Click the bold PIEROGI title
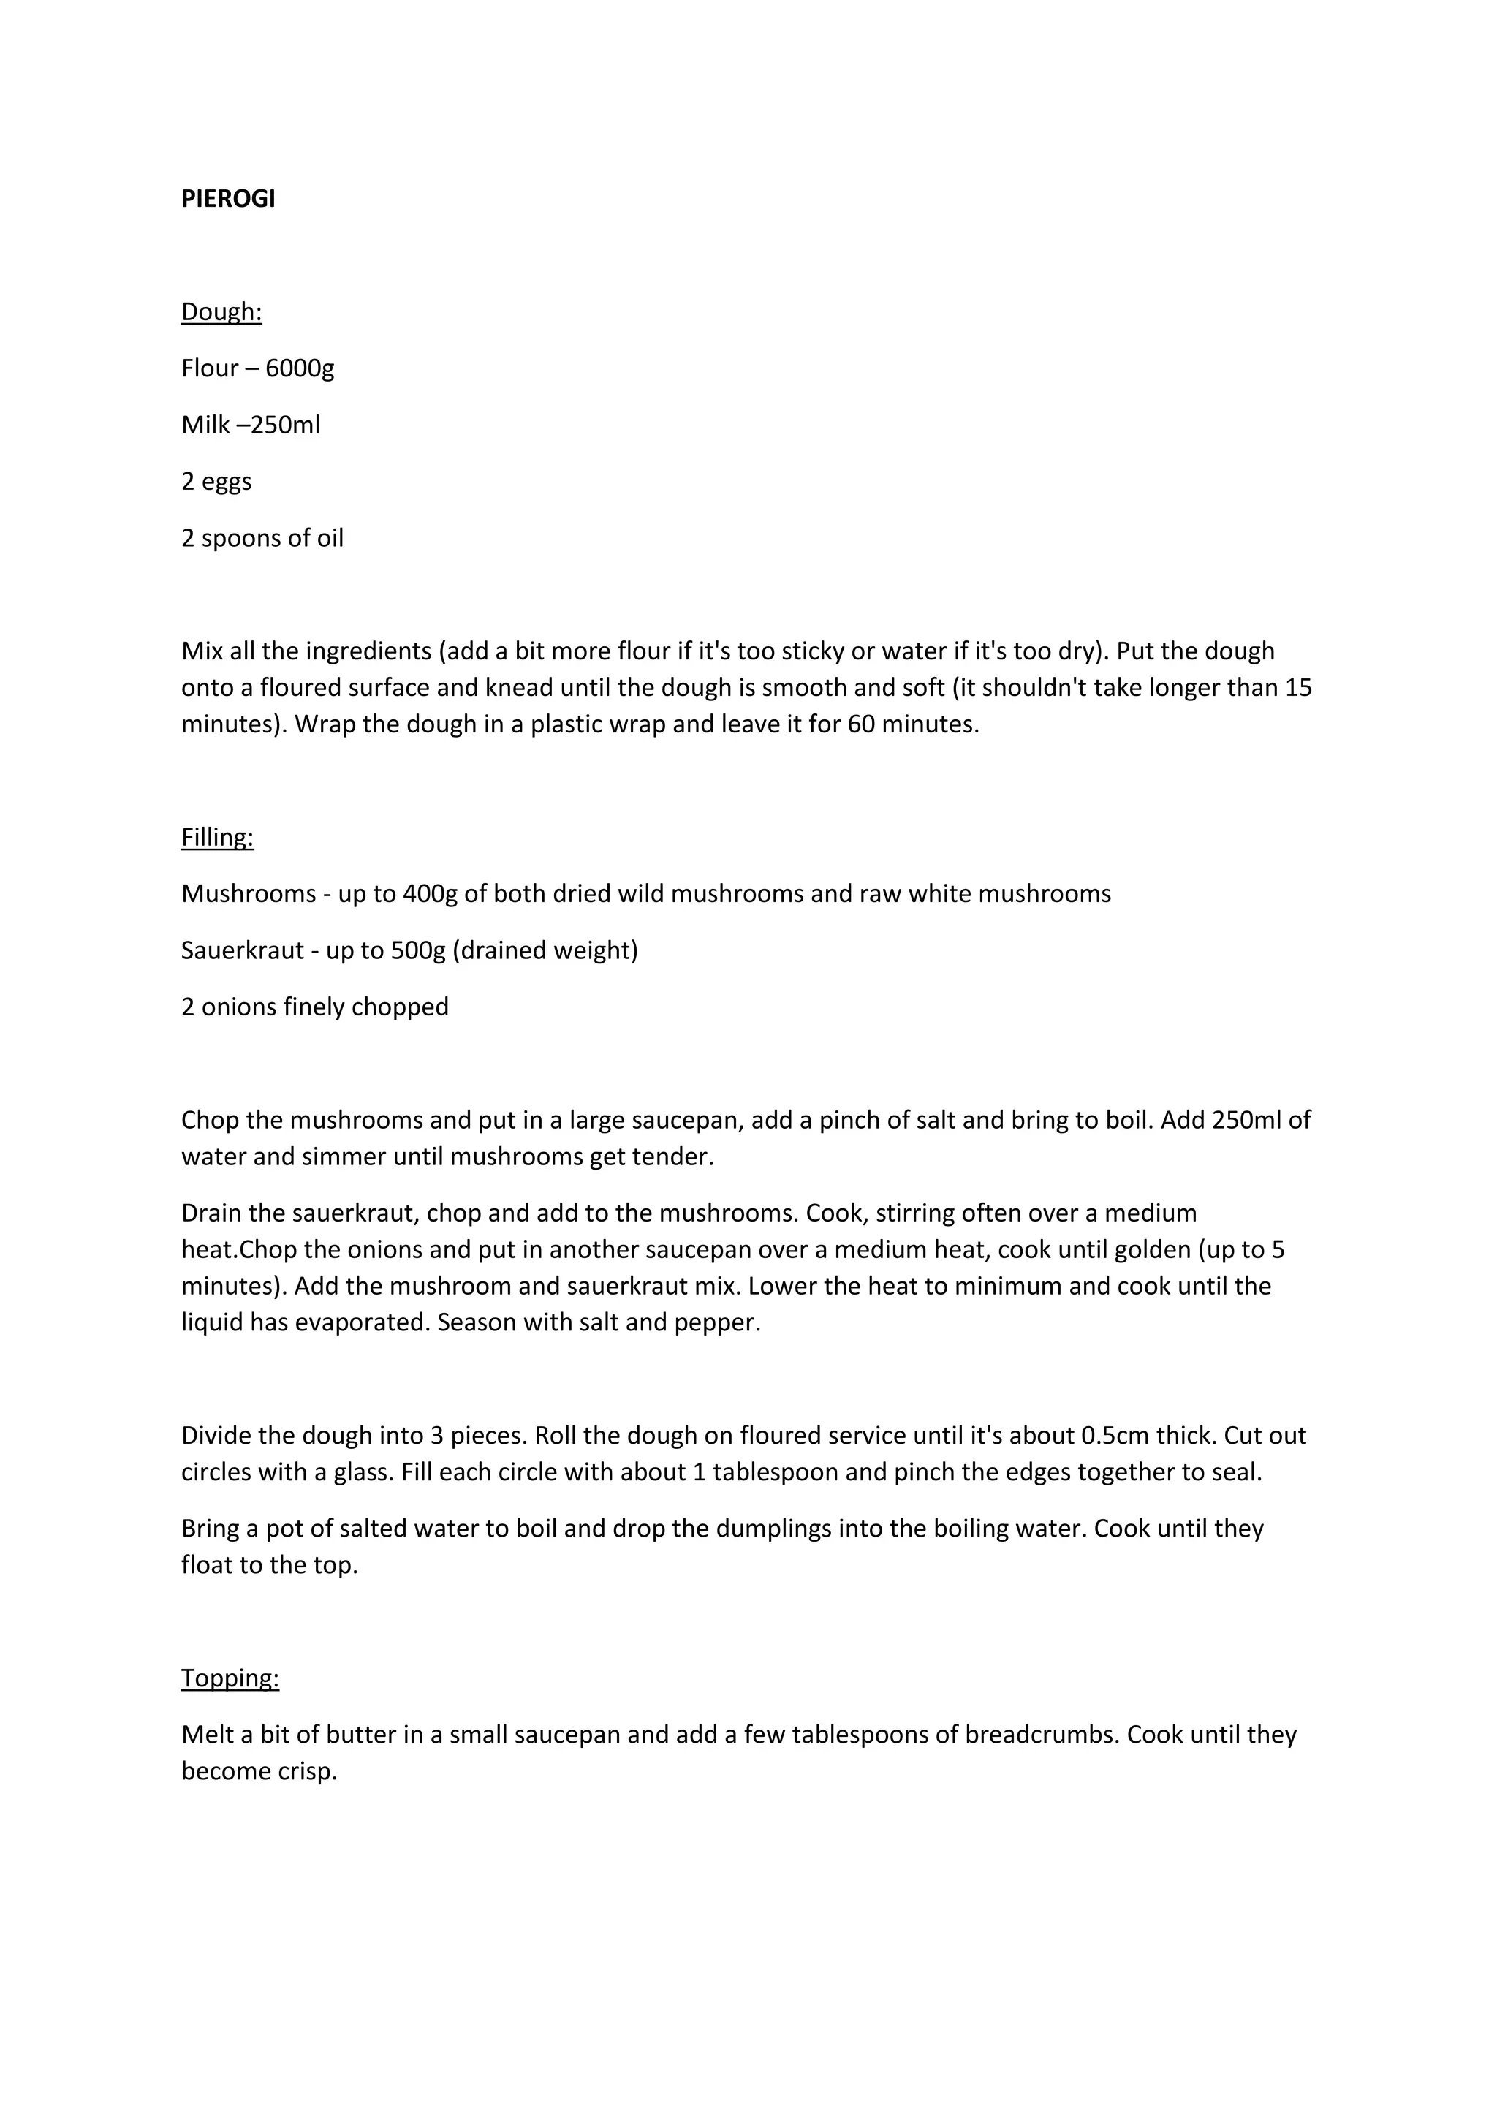click(x=227, y=199)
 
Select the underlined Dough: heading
click(x=221, y=313)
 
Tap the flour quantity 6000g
click(x=300, y=369)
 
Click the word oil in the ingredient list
click(x=330, y=539)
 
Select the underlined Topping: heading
click(x=230, y=1678)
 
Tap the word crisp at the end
click(x=308, y=1771)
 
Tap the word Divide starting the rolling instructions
click(x=218, y=1436)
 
